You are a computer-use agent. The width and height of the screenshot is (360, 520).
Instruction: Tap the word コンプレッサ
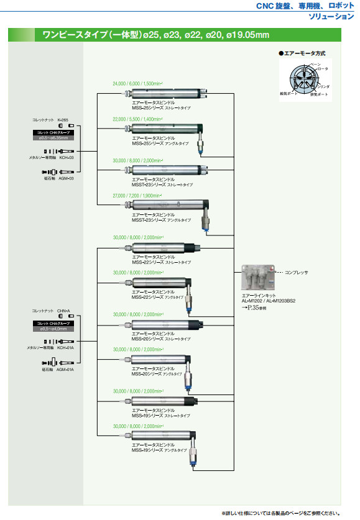(x=296, y=273)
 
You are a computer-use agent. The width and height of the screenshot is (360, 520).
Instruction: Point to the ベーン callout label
(x=315, y=65)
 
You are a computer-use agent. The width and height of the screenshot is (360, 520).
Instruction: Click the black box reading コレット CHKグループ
(x=53, y=132)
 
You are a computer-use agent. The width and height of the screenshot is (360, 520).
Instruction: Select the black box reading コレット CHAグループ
(x=53, y=324)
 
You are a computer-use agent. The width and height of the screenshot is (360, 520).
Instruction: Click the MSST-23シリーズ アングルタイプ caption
(x=162, y=220)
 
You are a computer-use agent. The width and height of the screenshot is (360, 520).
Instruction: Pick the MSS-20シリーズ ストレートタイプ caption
(x=160, y=339)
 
